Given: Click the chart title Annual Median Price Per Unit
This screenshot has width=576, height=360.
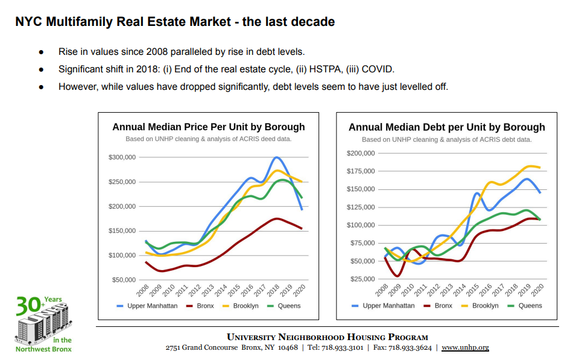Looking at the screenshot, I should coord(208,127).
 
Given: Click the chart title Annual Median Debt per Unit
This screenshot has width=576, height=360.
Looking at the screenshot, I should coord(446,127).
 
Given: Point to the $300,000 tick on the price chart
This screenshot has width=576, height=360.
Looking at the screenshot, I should coord(121,157).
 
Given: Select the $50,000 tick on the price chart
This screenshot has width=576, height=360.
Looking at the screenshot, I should coord(123,280).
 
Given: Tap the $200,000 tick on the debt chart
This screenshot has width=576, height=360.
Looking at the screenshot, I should coord(361,153).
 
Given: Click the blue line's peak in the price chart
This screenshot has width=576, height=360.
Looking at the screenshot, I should coord(276,157).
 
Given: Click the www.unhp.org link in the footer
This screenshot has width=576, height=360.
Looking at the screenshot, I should coord(465,347).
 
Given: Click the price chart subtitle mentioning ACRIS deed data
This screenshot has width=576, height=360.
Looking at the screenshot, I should coord(208,139).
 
